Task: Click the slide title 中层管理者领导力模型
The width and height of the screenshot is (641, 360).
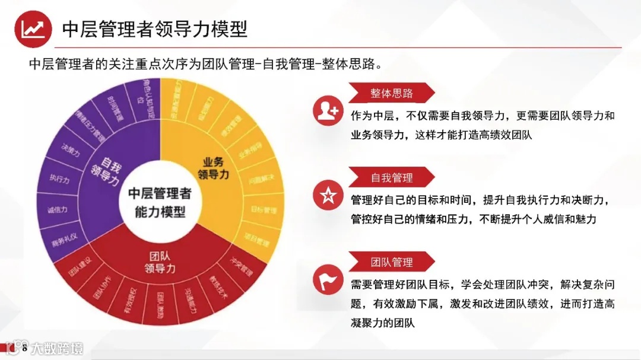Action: coord(154,29)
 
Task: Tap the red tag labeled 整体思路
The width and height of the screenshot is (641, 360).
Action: coord(392,93)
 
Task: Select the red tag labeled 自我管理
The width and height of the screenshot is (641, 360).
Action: coord(392,177)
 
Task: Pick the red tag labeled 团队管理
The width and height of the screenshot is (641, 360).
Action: coord(392,262)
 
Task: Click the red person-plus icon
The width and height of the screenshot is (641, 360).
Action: coord(328,111)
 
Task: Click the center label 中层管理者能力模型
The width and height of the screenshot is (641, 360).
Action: coord(160,202)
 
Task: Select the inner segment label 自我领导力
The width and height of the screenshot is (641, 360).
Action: coord(107,171)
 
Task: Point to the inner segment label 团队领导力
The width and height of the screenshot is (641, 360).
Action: coord(159,262)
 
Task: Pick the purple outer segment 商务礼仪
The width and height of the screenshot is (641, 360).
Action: coord(65,240)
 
